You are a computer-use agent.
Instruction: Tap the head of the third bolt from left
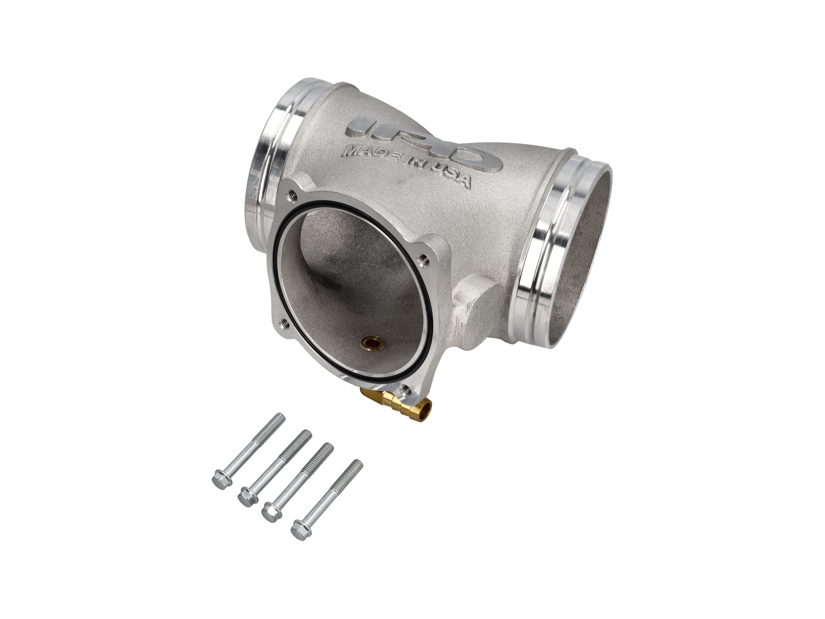pyautogui.click(x=270, y=512)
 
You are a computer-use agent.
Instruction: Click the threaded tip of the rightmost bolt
pyautogui.click(x=358, y=464)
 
